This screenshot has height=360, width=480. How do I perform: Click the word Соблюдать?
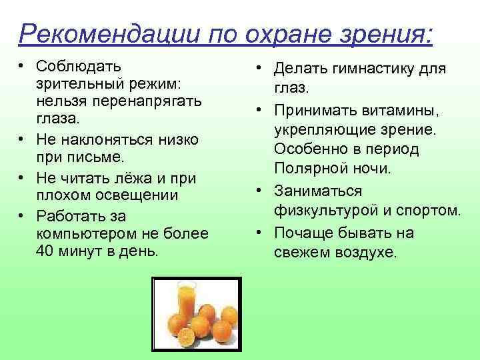pyautogui.click(x=79, y=67)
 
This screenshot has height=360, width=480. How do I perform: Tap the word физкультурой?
pyautogui.click(x=331, y=211)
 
